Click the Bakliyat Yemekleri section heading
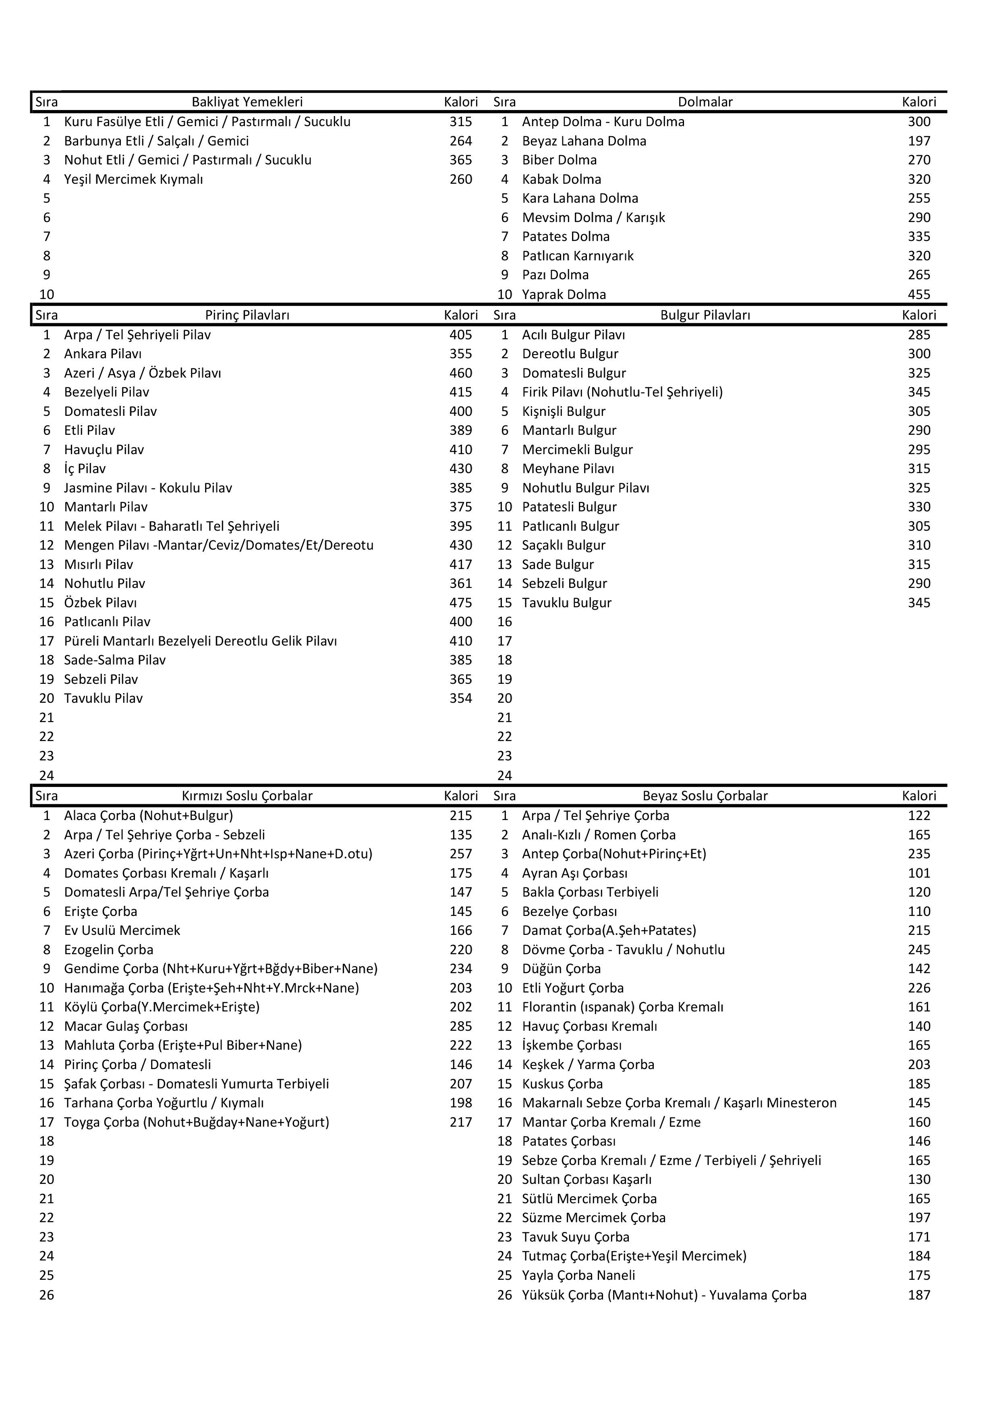point(247,102)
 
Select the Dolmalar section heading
point(705,102)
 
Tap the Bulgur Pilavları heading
point(705,315)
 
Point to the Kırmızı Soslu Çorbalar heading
point(247,796)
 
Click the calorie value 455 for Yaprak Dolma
point(918,295)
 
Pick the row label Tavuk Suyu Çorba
point(576,1237)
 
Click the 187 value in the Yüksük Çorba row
point(918,1295)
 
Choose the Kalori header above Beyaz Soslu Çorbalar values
point(918,796)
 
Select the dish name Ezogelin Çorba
point(108,950)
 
